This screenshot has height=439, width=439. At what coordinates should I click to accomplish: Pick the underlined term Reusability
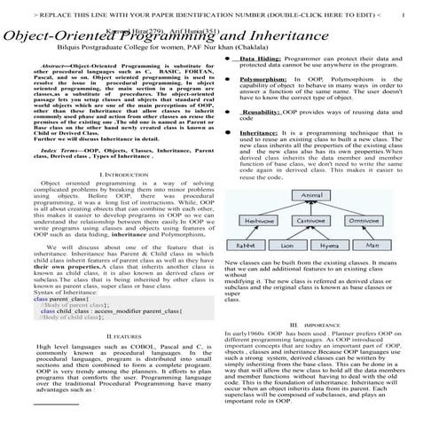click(263, 113)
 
